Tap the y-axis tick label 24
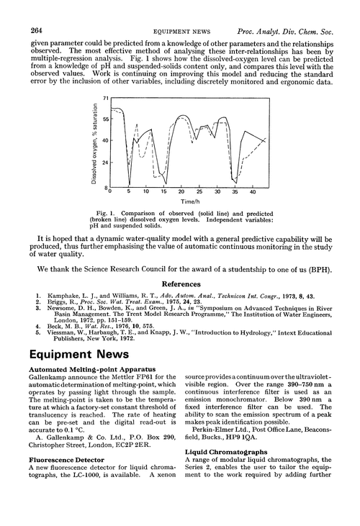(x=106, y=163)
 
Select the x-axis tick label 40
(x=252, y=193)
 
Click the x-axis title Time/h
(x=181, y=202)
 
